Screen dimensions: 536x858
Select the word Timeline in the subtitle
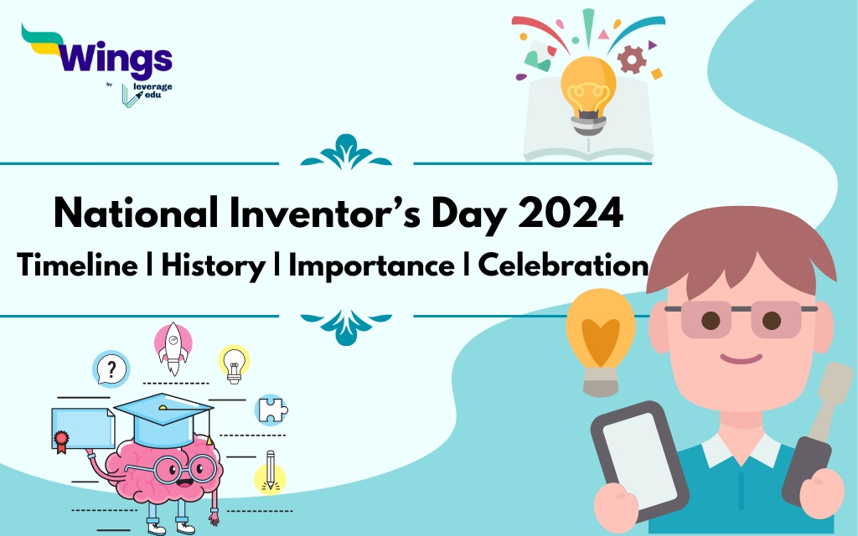(77, 265)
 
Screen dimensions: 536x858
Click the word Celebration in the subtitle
(562, 265)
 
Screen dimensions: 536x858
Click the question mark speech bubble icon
(111, 368)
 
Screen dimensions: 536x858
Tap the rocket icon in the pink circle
(173, 343)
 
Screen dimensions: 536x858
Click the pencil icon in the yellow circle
(270, 474)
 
